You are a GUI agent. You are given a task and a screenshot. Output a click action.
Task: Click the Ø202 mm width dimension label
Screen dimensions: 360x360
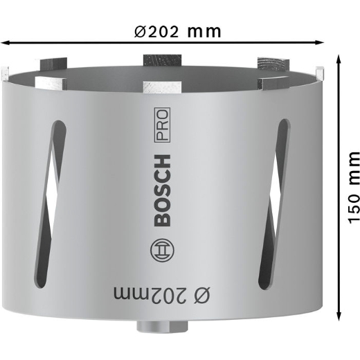(x=177, y=32)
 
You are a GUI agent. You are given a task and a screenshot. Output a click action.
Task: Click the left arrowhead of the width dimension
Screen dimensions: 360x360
(x=5, y=43)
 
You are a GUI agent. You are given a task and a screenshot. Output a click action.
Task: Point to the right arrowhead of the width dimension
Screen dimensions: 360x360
(x=320, y=42)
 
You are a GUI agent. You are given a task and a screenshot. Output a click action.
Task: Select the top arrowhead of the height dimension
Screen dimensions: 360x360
(x=339, y=59)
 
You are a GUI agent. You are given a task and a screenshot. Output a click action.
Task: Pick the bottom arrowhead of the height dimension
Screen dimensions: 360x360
(x=339, y=316)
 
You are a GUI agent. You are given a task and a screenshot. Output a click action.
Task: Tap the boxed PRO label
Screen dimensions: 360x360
(x=162, y=125)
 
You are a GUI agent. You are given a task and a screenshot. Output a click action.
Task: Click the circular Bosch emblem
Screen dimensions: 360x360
(x=162, y=251)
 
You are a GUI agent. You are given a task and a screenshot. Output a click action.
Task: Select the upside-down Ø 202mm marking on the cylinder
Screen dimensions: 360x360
(x=161, y=295)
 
